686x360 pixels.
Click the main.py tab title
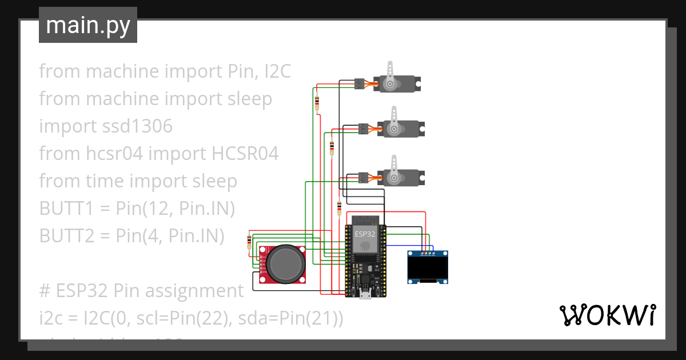[87, 26]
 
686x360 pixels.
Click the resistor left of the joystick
[249, 242]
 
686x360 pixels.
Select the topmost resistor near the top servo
[317, 103]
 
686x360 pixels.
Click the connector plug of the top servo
[360, 83]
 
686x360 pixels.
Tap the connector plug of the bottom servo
[362, 178]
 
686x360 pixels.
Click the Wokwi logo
[607, 315]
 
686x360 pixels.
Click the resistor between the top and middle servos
[332, 147]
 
